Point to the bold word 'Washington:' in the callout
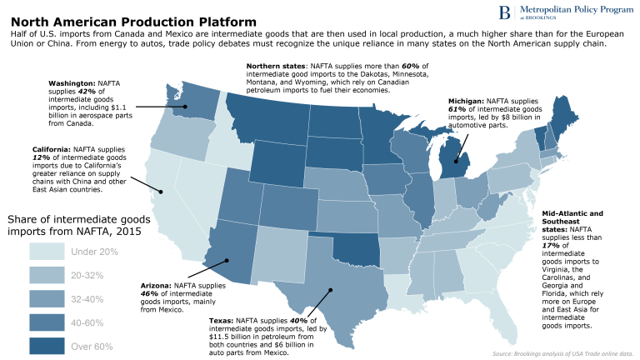tap(72, 84)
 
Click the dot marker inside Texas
tap(331, 291)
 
